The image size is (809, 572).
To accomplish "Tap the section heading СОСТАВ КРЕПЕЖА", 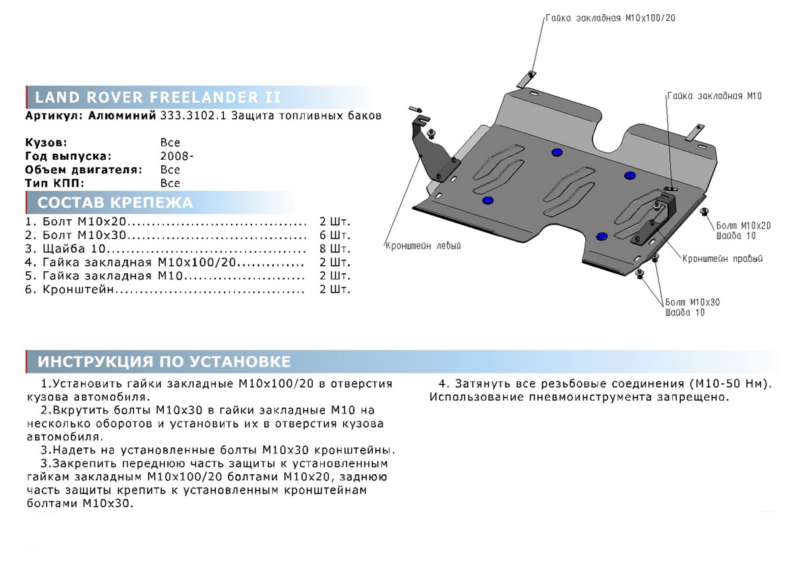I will click(115, 202).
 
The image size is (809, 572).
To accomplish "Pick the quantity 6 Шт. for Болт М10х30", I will click(335, 235).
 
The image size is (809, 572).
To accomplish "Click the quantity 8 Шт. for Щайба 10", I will click(335, 249).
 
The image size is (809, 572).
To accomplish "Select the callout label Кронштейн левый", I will click(423, 246).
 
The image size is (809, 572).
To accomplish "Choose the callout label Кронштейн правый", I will click(722, 258).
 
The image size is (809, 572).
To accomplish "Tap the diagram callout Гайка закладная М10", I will click(714, 96).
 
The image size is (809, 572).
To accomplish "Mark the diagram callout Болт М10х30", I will click(692, 302).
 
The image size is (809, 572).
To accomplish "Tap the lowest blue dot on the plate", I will click(602, 235).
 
